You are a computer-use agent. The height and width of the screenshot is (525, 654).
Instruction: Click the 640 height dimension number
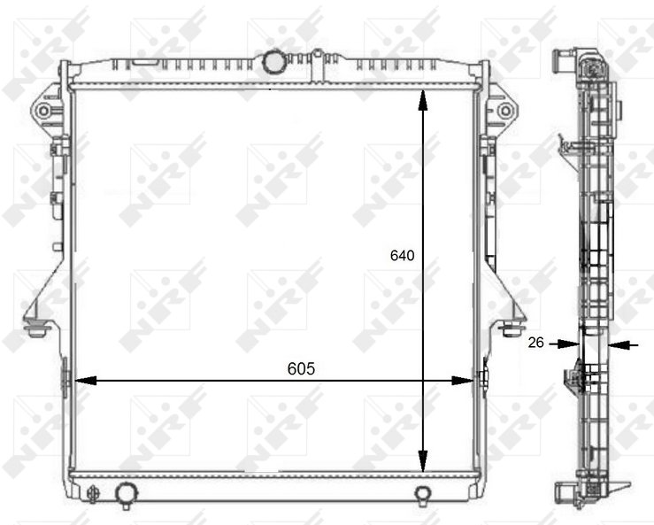click(x=402, y=255)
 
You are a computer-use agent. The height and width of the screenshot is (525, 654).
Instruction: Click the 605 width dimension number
click(x=301, y=369)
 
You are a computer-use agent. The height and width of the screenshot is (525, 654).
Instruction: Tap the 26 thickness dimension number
click(x=536, y=343)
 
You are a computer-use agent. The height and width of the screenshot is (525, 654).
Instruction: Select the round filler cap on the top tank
click(x=273, y=60)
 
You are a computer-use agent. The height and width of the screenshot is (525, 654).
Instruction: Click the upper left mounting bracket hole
click(x=43, y=111)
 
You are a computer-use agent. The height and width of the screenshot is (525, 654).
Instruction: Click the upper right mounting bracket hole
click(x=505, y=111)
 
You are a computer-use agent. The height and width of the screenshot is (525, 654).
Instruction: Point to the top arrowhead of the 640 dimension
click(x=423, y=100)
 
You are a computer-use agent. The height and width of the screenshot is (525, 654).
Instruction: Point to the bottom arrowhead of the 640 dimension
click(x=423, y=461)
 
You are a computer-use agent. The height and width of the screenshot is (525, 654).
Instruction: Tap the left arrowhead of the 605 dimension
click(x=86, y=381)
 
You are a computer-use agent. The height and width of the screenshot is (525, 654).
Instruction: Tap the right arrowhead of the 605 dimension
click(x=463, y=381)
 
